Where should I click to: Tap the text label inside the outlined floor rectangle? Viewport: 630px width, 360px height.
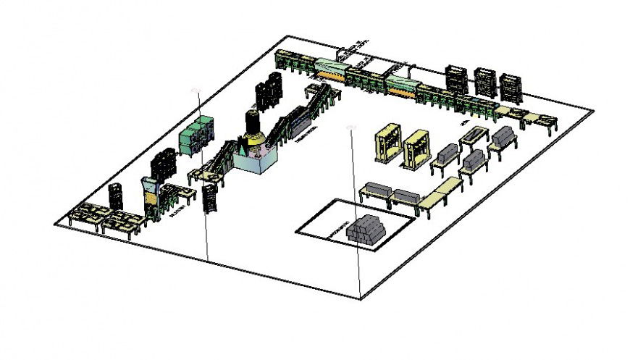[334, 231]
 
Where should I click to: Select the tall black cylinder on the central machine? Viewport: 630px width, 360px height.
[253, 125]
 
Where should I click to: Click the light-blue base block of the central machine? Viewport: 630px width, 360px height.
[256, 161]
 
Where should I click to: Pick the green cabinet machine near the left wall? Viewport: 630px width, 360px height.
[195, 135]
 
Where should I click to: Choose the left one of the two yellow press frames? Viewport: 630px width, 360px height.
[387, 143]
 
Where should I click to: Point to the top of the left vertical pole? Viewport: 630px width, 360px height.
[194, 89]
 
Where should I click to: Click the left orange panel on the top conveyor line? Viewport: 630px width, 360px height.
[330, 70]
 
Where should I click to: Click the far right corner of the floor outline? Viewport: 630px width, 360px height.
[594, 111]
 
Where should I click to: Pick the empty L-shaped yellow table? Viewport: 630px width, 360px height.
[439, 193]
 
